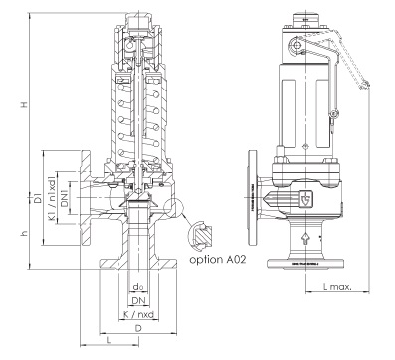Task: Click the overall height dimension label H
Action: [24, 104]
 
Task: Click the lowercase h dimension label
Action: [24, 233]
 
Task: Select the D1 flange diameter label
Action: [38, 197]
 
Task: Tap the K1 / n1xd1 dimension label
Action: [52, 198]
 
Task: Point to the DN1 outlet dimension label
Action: [65, 198]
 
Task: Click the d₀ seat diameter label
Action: [139, 287]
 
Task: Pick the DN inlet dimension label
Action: [139, 301]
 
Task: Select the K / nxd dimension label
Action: [138, 314]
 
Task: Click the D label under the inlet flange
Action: [138, 328]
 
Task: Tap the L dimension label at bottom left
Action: [109, 340]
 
